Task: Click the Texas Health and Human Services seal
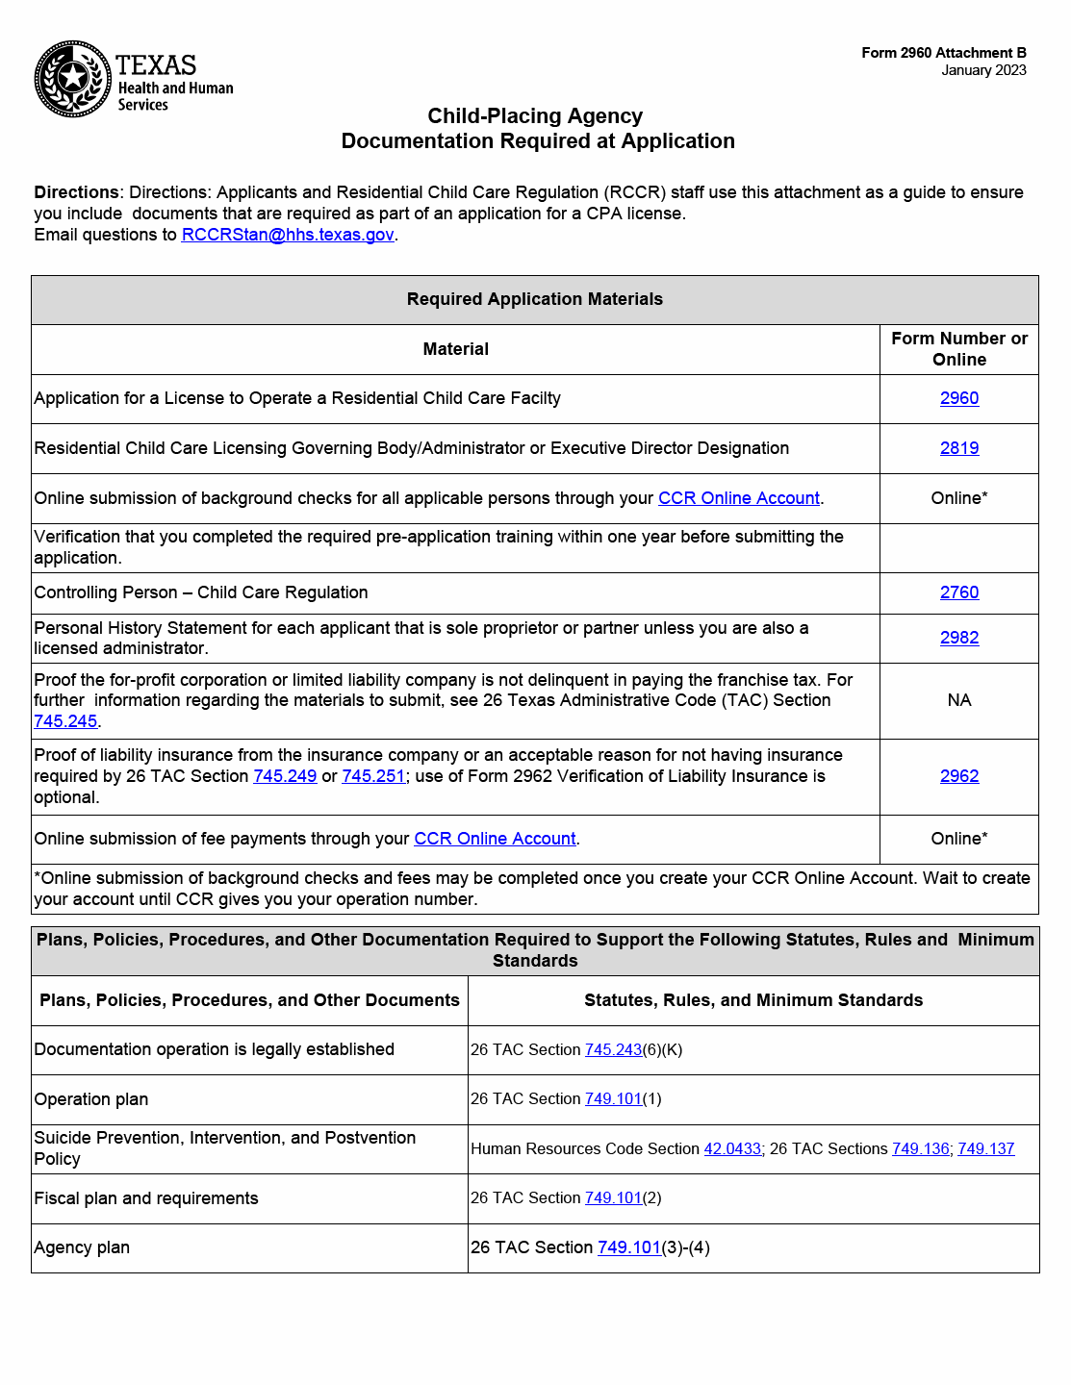(x=73, y=79)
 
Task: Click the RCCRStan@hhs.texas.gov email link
(x=287, y=235)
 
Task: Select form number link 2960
(x=958, y=398)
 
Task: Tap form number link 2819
(x=958, y=448)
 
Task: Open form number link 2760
(x=958, y=592)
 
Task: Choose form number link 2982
(x=958, y=638)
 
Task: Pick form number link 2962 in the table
(x=958, y=776)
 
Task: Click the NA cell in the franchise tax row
(x=958, y=700)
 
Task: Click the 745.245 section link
(x=65, y=721)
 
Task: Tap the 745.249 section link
(x=285, y=776)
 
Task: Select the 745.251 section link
(x=373, y=776)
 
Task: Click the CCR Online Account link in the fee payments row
(x=495, y=839)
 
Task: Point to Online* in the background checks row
(x=958, y=498)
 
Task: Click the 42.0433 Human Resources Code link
(x=732, y=1149)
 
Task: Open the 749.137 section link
(x=985, y=1149)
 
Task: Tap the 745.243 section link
(x=613, y=1050)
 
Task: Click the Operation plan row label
(x=91, y=1099)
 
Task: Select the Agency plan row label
(x=82, y=1247)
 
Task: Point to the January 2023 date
(x=983, y=70)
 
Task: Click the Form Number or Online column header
(x=958, y=349)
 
